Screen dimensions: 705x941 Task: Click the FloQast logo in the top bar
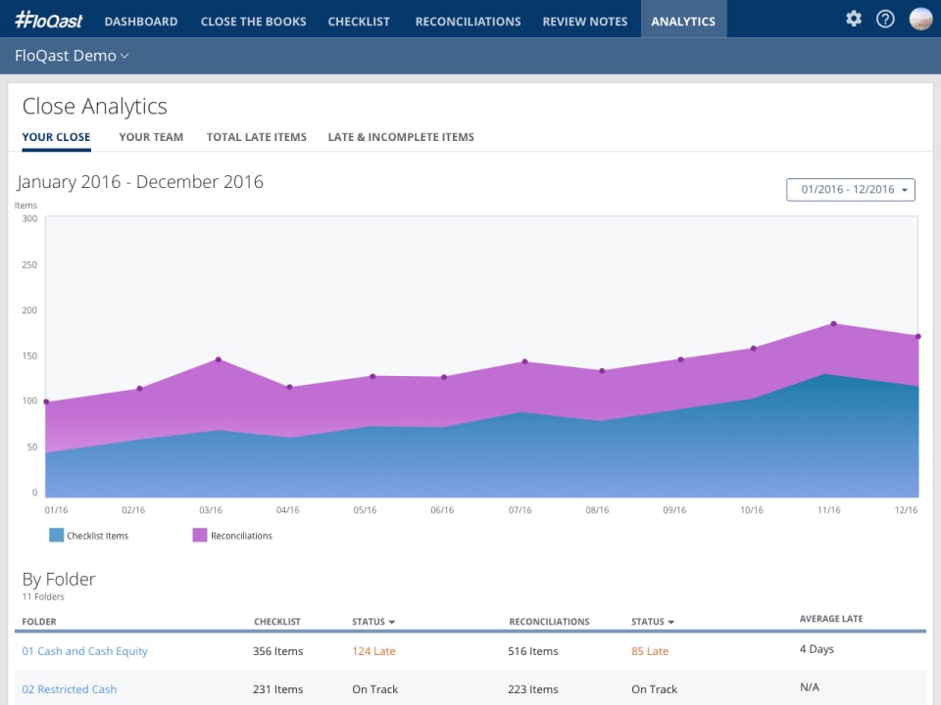(x=50, y=20)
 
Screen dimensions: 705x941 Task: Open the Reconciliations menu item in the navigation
(x=468, y=21)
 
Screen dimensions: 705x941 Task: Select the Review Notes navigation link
(x=584, y=21)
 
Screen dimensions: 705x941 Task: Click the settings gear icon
(x=854, y=19)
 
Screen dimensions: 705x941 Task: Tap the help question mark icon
(x=885, y=19)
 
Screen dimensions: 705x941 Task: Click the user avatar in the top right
(x=920, y=19)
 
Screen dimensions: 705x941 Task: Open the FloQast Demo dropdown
(x=72, y=56)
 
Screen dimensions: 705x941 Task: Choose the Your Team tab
(x=151, y=137)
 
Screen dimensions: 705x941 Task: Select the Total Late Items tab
(x=256, y=137)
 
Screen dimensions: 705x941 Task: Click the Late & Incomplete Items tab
(x=401, y=137)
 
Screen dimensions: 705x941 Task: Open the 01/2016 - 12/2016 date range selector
(x=850, y=189)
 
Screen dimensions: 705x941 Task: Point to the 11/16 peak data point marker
(x=833, y=323)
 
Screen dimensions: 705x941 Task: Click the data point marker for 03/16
(x=218, y=359)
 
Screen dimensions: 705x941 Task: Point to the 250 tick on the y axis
(x=29, y=264)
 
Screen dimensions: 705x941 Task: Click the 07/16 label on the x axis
(x=520, y=510)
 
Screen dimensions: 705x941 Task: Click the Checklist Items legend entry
(x=89, y=536)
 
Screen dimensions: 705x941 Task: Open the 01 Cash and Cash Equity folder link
(x=85, y=651)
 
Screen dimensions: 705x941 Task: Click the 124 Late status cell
(x=373, y=651)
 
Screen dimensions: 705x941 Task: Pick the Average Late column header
(x=830, y=619)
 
